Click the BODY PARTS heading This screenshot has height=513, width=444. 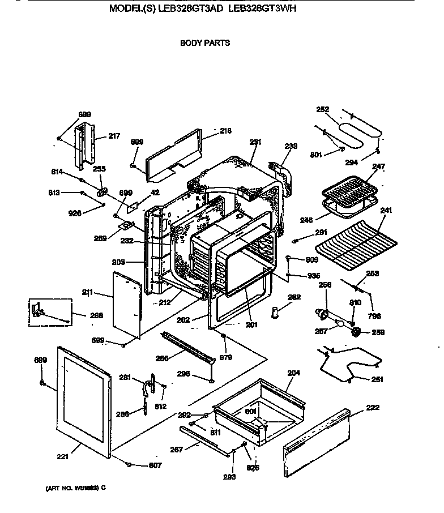(x=204, y=42)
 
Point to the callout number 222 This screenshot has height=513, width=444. (x=373, y=408)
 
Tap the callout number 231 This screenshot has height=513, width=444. (x=255, y=142)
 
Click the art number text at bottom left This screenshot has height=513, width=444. (x=75, y=487)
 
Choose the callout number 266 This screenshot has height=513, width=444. (x=162, y=357)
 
